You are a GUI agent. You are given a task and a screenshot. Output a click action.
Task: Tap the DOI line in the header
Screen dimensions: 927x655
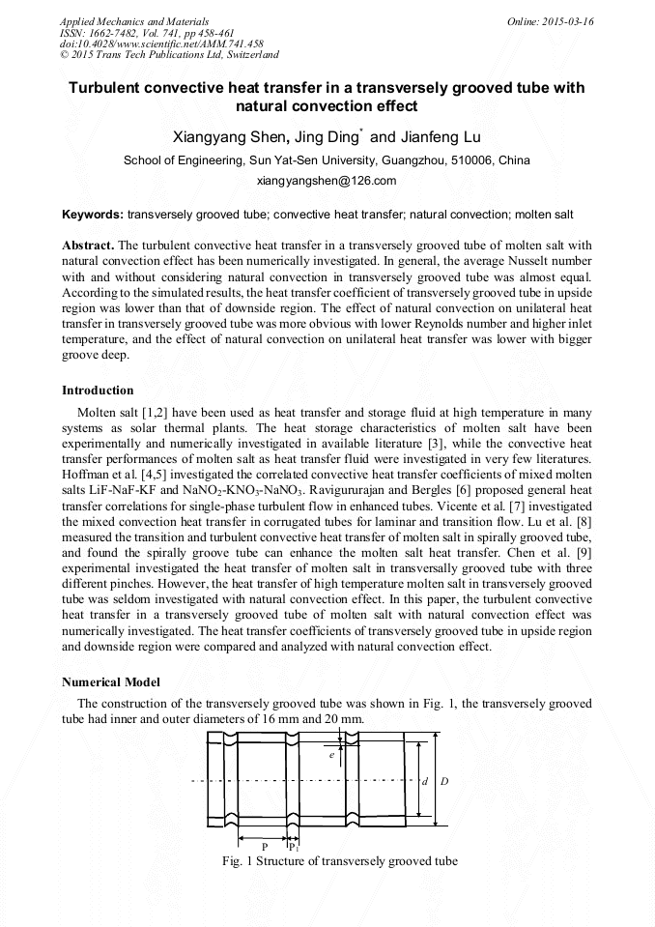161,44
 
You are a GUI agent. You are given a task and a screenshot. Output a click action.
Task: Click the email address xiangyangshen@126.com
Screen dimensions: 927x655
327,181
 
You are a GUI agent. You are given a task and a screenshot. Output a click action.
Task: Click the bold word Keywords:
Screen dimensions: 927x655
92,213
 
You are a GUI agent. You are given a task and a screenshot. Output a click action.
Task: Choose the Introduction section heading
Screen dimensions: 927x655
98,391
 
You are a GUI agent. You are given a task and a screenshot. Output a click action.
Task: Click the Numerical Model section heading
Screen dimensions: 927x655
111,681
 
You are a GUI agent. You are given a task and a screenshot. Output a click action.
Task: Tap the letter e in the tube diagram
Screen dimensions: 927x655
330,754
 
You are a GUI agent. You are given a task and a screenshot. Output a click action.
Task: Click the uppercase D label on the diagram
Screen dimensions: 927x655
444,780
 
